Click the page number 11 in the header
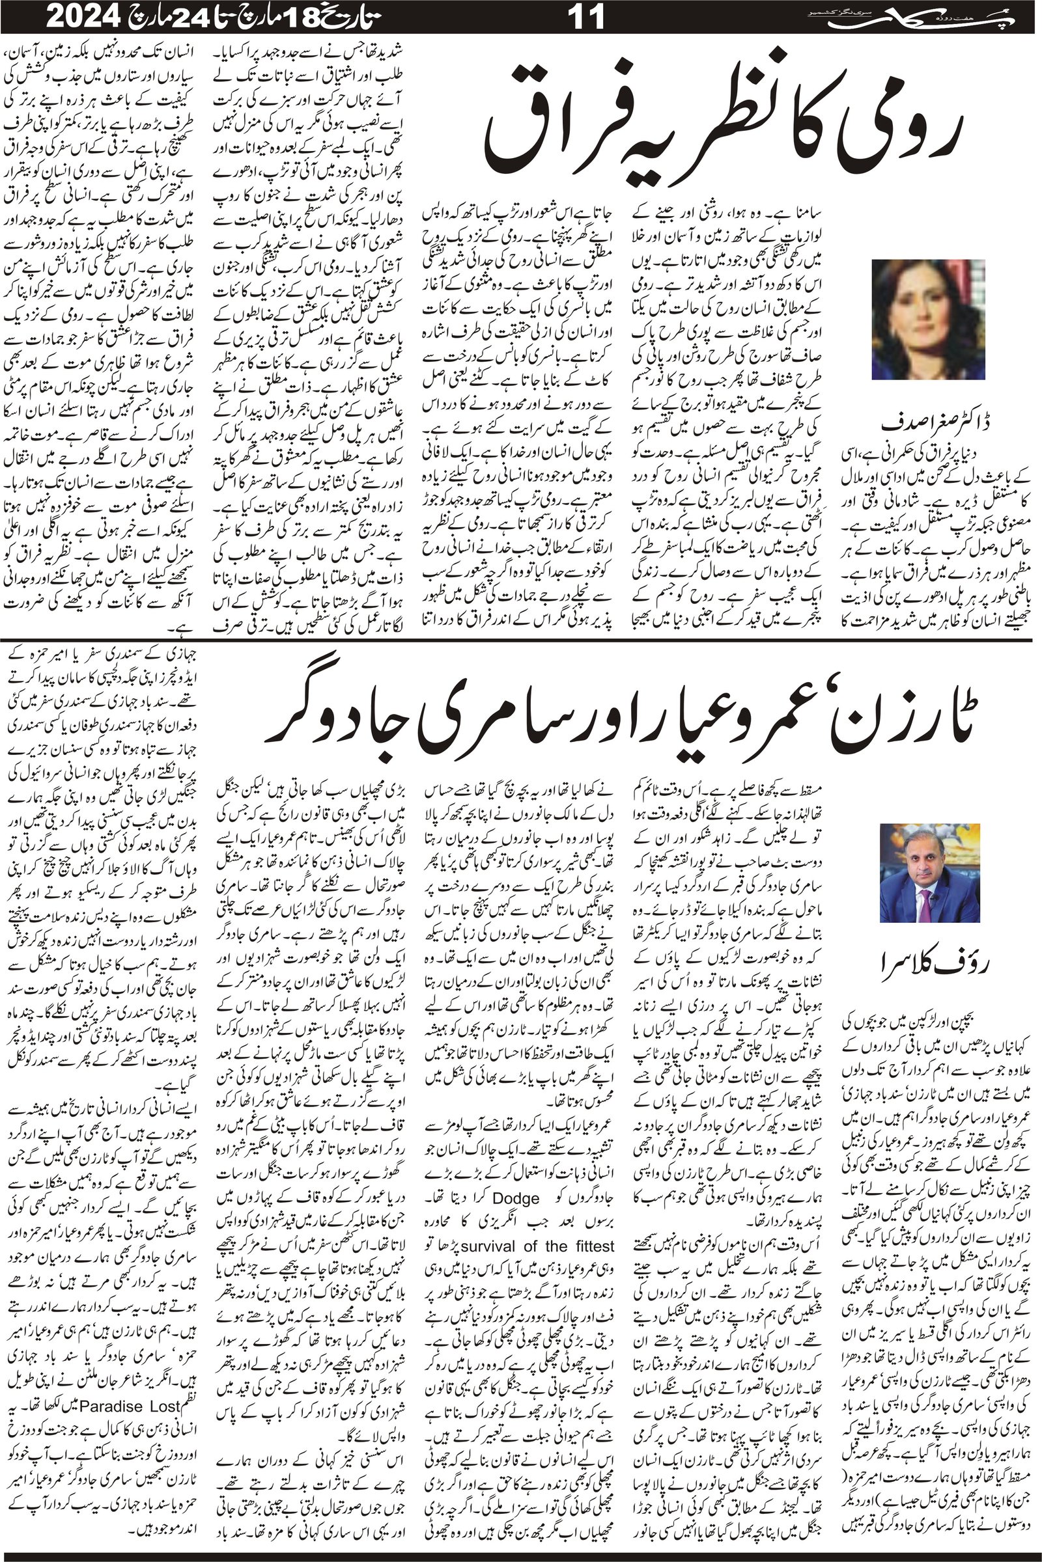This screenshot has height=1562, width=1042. tap(589, 18)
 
